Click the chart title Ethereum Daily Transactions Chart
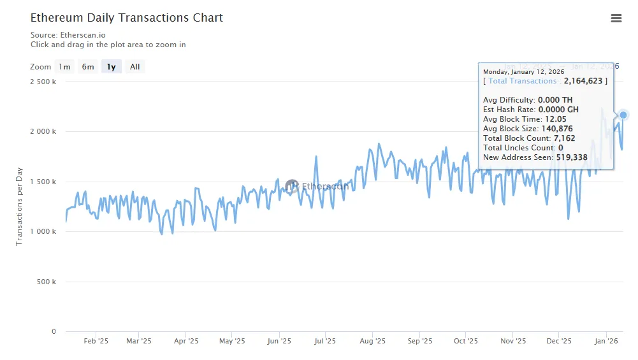point(127,18)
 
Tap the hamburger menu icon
point(616,18)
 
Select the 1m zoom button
point(64,67)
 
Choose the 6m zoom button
point(88,67)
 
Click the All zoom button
point(135,67)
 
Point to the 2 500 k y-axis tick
point(43,82)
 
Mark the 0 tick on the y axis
point(54,332)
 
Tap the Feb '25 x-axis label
point(96,342)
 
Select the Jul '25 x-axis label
point(325,342)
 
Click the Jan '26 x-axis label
point(605,342)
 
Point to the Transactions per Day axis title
point(19,206)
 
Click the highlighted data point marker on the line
point(623,115)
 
